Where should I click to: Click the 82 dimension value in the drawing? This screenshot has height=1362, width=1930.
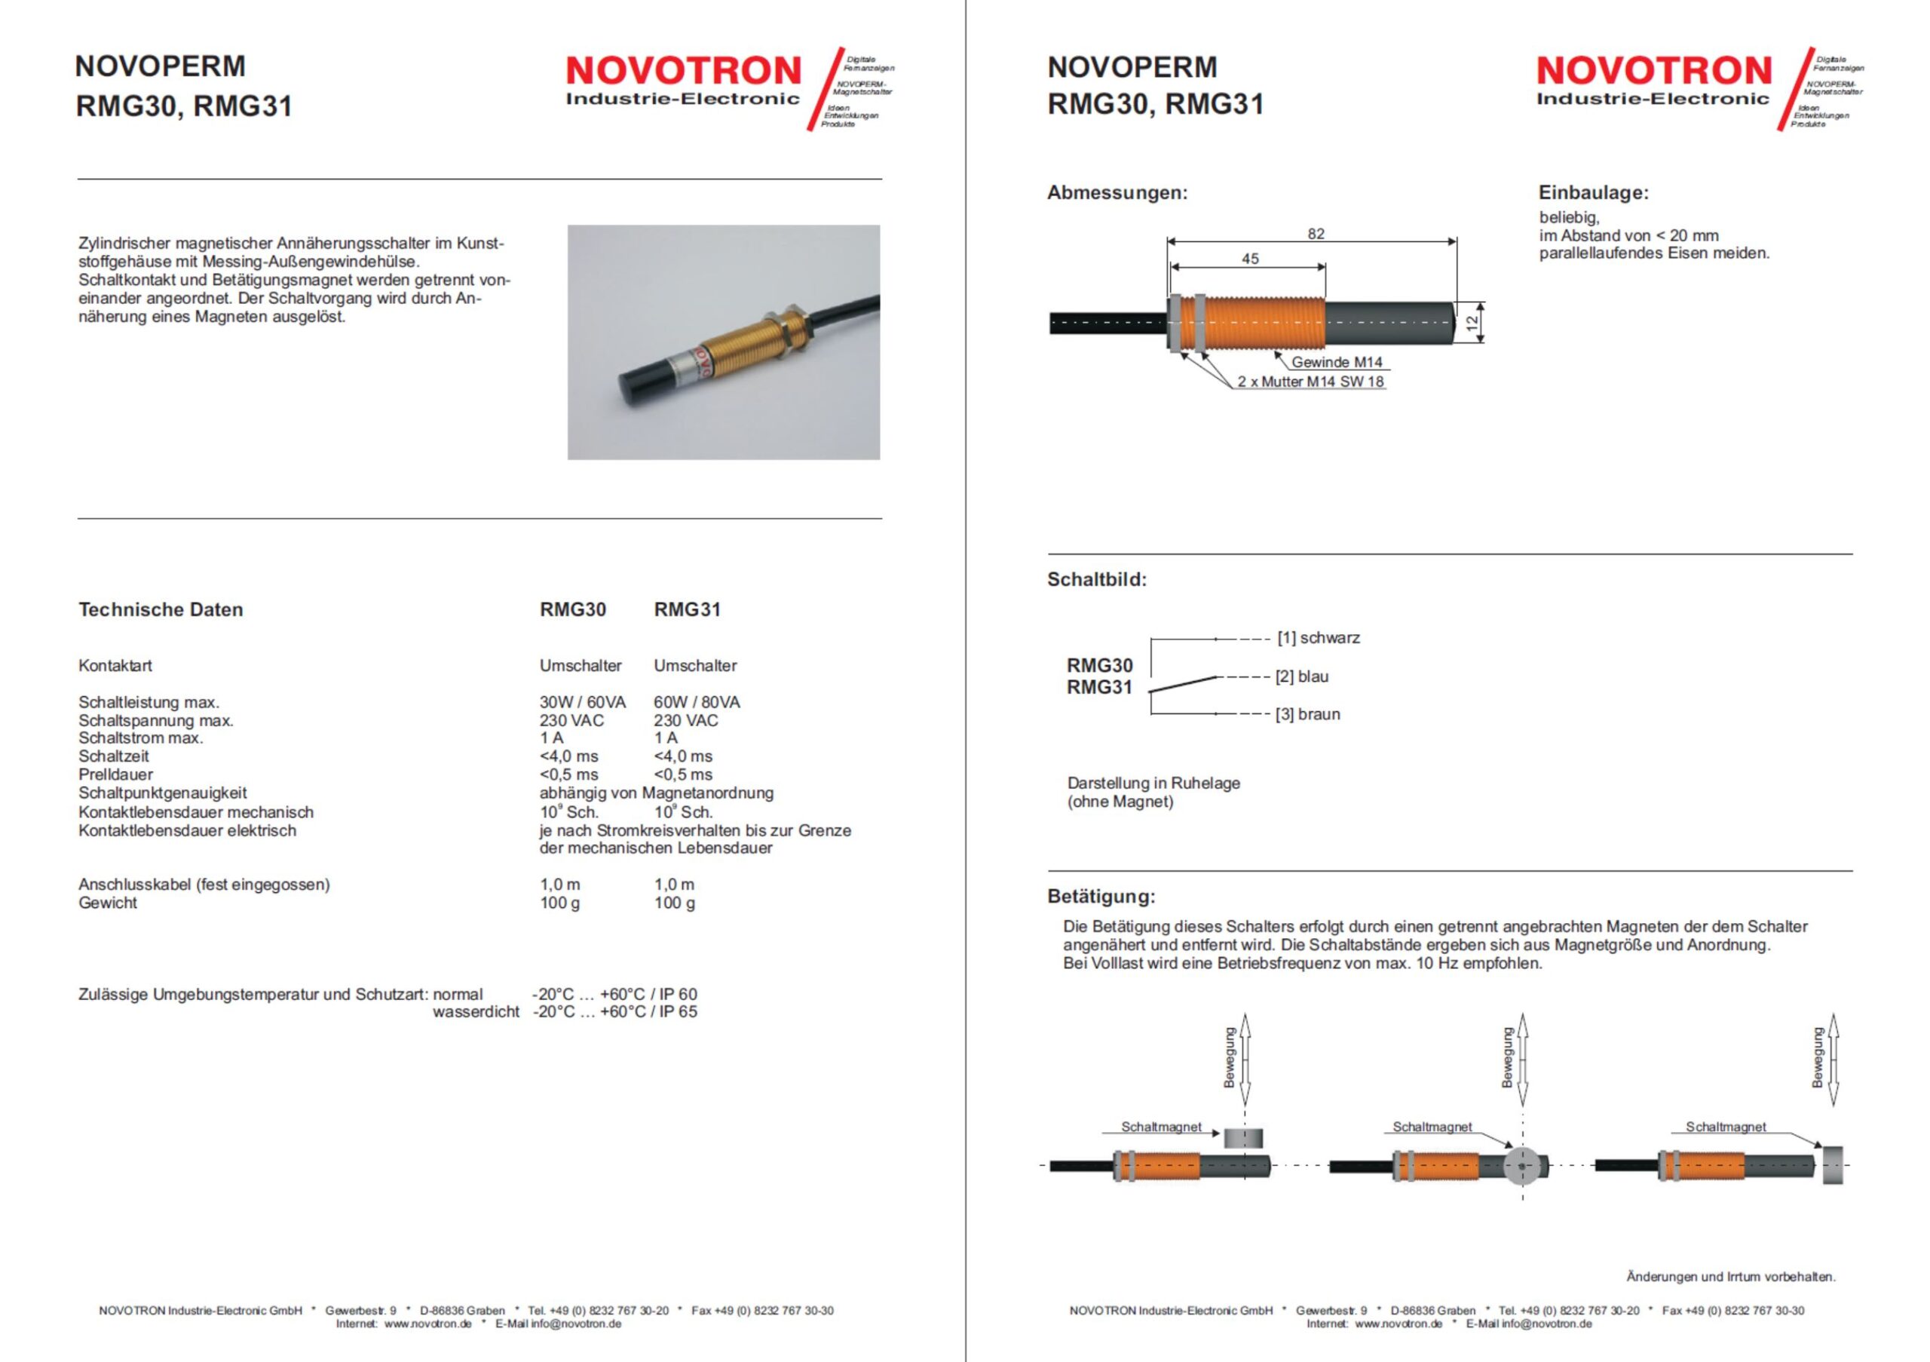pos(1316,234)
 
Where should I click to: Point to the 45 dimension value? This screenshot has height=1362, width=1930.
pos(1250,259)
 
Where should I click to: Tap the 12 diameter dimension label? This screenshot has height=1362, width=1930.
pos(1472,323)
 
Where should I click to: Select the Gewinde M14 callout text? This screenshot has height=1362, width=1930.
pos(1337,362)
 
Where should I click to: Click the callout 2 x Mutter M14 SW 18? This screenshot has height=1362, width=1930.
pos(1310,382)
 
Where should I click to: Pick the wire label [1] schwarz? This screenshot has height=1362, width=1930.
pos(1318,638)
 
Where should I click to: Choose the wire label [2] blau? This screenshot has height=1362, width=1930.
pos(1302,676)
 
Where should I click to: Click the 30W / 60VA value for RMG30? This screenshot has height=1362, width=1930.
pos(583,702)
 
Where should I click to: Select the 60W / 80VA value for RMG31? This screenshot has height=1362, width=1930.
pos(697,702)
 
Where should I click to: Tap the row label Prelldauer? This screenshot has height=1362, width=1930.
pos(116,775)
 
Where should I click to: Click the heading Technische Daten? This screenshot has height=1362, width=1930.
pos(161,609)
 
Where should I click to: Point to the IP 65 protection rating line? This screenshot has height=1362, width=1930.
pos(615,1012)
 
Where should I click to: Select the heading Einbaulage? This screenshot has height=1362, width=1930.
pos(1594,192)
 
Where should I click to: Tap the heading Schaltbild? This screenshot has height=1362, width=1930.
pos(1096,579)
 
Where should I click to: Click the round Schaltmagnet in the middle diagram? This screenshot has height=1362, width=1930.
pos(1521,1166)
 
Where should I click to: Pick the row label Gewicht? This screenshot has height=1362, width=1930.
pos(108,903)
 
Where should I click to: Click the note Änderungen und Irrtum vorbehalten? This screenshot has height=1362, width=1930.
pos(1731,1276)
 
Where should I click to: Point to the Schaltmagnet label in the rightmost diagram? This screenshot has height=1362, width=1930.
pos(1726,1127)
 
